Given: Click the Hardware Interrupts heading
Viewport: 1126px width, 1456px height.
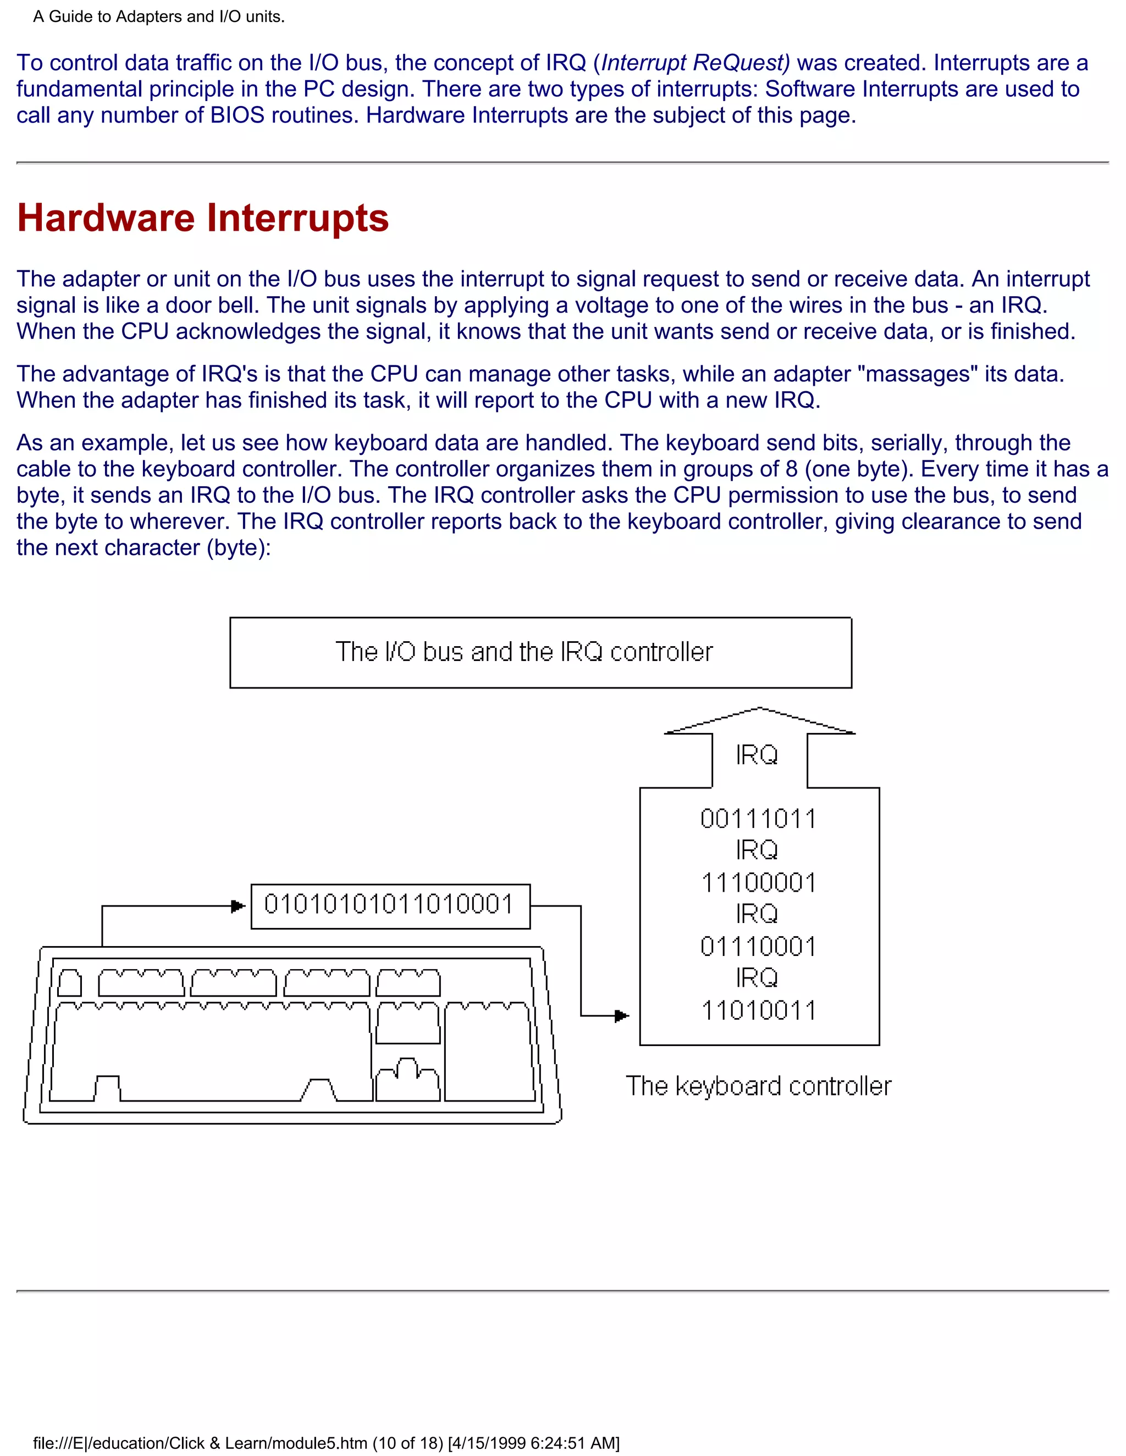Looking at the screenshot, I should coord(202,218).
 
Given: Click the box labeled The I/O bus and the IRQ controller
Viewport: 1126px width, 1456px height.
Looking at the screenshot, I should coord(540,652).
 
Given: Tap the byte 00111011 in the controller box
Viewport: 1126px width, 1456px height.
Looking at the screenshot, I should coord(758,819).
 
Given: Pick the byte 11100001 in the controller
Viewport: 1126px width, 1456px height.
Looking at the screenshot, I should coord(758,883).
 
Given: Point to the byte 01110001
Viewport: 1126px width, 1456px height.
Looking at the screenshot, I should coord(758,947).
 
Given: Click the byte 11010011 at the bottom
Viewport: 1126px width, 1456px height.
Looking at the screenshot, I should coord(758,1010).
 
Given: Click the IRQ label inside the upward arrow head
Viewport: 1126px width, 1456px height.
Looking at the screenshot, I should coord(757,755).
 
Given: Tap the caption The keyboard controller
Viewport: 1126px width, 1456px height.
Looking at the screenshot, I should coord(758,1086).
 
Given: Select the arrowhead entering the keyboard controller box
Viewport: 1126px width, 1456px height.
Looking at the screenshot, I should coord(622,1016).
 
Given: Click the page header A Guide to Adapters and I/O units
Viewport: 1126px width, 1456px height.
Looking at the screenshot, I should coord(159,16).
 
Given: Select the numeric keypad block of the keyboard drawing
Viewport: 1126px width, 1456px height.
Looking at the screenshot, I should coord(489,1052).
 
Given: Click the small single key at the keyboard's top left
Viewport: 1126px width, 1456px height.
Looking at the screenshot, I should coord(69,983).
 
